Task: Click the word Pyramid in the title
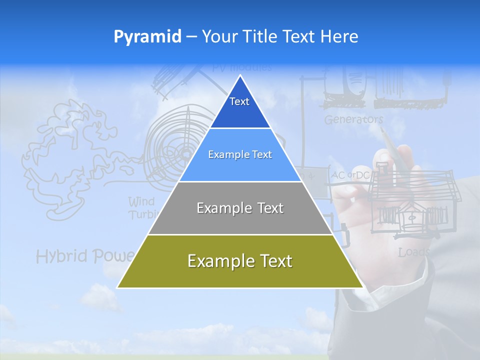(x=147, y=37)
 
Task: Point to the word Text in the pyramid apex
(x=239, y=101)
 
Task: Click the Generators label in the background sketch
(x=353, y=120)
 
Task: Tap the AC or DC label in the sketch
(x=350, y=175)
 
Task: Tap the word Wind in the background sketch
(x=141, y=202)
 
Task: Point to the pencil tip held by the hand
(x=381, y=129)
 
